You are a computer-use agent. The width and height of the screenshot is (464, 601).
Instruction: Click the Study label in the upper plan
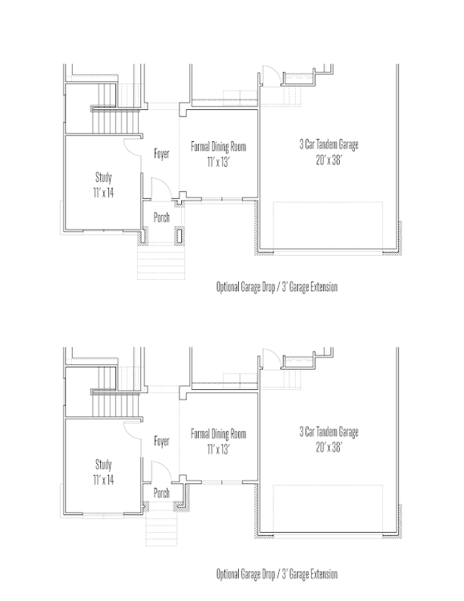click(x=103, y=177)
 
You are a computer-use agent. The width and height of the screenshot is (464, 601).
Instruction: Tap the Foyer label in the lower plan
click(x=162, y=441)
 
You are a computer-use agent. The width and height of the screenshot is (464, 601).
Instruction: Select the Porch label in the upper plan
click(x=162, y=217)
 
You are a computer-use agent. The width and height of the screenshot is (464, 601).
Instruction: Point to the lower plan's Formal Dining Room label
click(x=218, y=433)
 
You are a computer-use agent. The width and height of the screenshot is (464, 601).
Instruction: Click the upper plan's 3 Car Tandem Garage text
click(x=329, y=144)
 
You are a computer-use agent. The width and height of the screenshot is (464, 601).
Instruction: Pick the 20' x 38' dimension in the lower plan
click(x=329, y=447)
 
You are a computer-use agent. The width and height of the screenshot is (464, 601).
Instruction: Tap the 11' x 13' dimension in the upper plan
click(x=218, y=162)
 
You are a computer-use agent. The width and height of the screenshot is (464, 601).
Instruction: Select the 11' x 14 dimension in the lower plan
click(x=103, y=480)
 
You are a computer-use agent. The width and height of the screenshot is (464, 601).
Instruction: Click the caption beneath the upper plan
click(x=276, y=286)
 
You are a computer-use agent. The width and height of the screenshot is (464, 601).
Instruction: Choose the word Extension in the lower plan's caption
click(x=324, y=574)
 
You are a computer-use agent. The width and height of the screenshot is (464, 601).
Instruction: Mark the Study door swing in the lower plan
click(x=132, y=428)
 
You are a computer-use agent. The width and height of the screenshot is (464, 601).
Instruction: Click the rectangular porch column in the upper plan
click(x=179, y=235)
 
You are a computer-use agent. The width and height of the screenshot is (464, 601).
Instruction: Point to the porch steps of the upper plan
click(x=161, y=261)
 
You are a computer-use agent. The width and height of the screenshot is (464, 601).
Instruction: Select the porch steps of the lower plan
click(x=162, y=529)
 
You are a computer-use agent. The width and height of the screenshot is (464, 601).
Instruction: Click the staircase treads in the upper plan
click(x=115, y=121)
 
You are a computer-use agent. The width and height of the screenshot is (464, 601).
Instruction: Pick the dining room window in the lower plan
click(x=222, y=482)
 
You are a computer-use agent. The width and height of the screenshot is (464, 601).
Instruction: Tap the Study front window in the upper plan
click(x=103, y=231)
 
